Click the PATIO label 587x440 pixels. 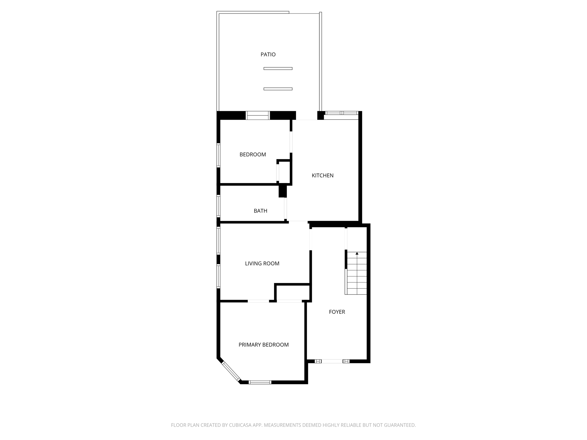pos(268,54)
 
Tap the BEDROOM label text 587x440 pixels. pos(253,155)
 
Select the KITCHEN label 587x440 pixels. pos(322,176)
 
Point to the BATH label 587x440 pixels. pos(260,211)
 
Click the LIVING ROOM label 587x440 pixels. pos(262,264)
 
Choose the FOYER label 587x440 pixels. pos(337,312)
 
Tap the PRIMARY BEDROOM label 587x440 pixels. pos(263,345)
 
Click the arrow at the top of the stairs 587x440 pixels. pos(357,254)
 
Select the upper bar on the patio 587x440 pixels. pos(278,68)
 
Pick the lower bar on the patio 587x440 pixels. pos(278,89)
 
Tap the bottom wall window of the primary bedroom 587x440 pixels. pos(260,382)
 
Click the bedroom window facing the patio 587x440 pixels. pos(258,115)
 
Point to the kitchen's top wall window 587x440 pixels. pos(341,113)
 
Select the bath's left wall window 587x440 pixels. pos(218,206)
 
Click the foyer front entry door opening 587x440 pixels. pos(332,361)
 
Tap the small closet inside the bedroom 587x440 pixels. pos(284,172)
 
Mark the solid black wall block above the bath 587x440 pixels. pos(283,191)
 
